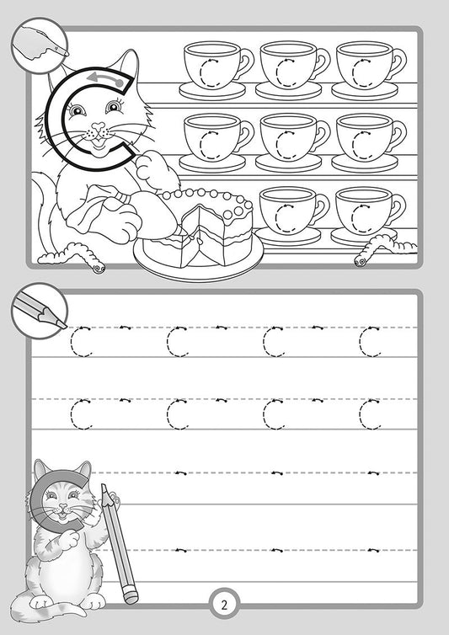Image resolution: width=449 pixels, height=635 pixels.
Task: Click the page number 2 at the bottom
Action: (x=224, y=603)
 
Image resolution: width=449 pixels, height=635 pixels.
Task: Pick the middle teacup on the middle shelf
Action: (x=291, y=138)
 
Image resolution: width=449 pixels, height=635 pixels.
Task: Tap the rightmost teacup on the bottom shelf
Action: (x=367, y=211)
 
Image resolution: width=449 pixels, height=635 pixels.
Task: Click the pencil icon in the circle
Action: (x=39, y=308)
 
